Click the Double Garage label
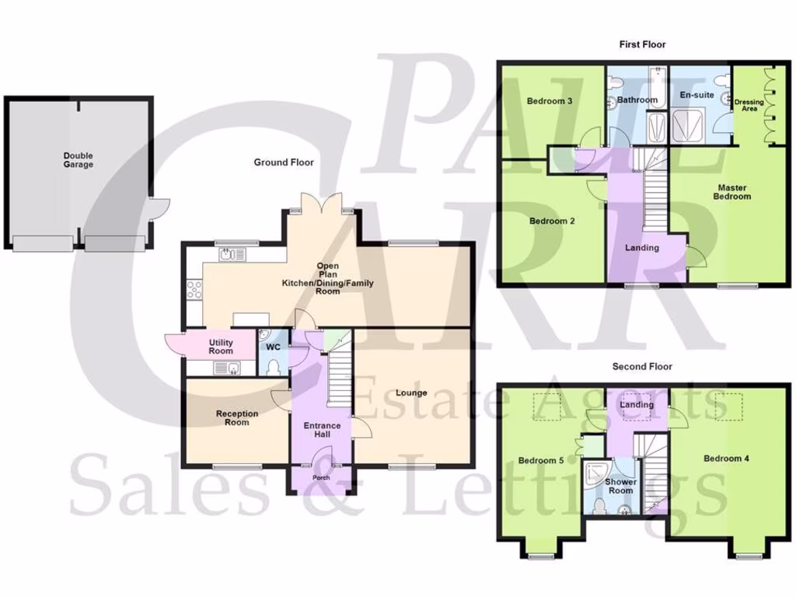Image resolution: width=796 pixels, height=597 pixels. pos(78,160)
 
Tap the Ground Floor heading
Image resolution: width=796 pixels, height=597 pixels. pos(284,162)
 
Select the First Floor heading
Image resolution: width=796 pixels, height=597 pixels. pos(642,44)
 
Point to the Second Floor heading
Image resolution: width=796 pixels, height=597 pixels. pos(642,366)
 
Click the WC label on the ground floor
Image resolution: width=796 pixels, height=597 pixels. pos(273,347)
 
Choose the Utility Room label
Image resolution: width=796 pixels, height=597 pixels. pos(221,347)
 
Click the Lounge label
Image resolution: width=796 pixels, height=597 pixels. pos(410,393)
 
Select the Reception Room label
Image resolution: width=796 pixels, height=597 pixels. pos(237,417)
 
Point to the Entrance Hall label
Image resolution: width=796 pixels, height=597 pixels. pos(322,430)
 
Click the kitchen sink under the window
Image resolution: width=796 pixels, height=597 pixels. pos(232,253)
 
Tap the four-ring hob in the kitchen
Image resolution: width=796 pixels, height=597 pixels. pos(194,289)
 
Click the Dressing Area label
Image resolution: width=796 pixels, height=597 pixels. pos(749,105)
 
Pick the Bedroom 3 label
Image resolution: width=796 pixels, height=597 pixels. pos(550,101)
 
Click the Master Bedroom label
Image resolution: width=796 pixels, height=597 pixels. pos(732,192)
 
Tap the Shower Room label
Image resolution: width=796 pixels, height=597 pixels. pos(620,486)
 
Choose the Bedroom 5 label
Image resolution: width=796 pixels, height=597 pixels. pos(541,460)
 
